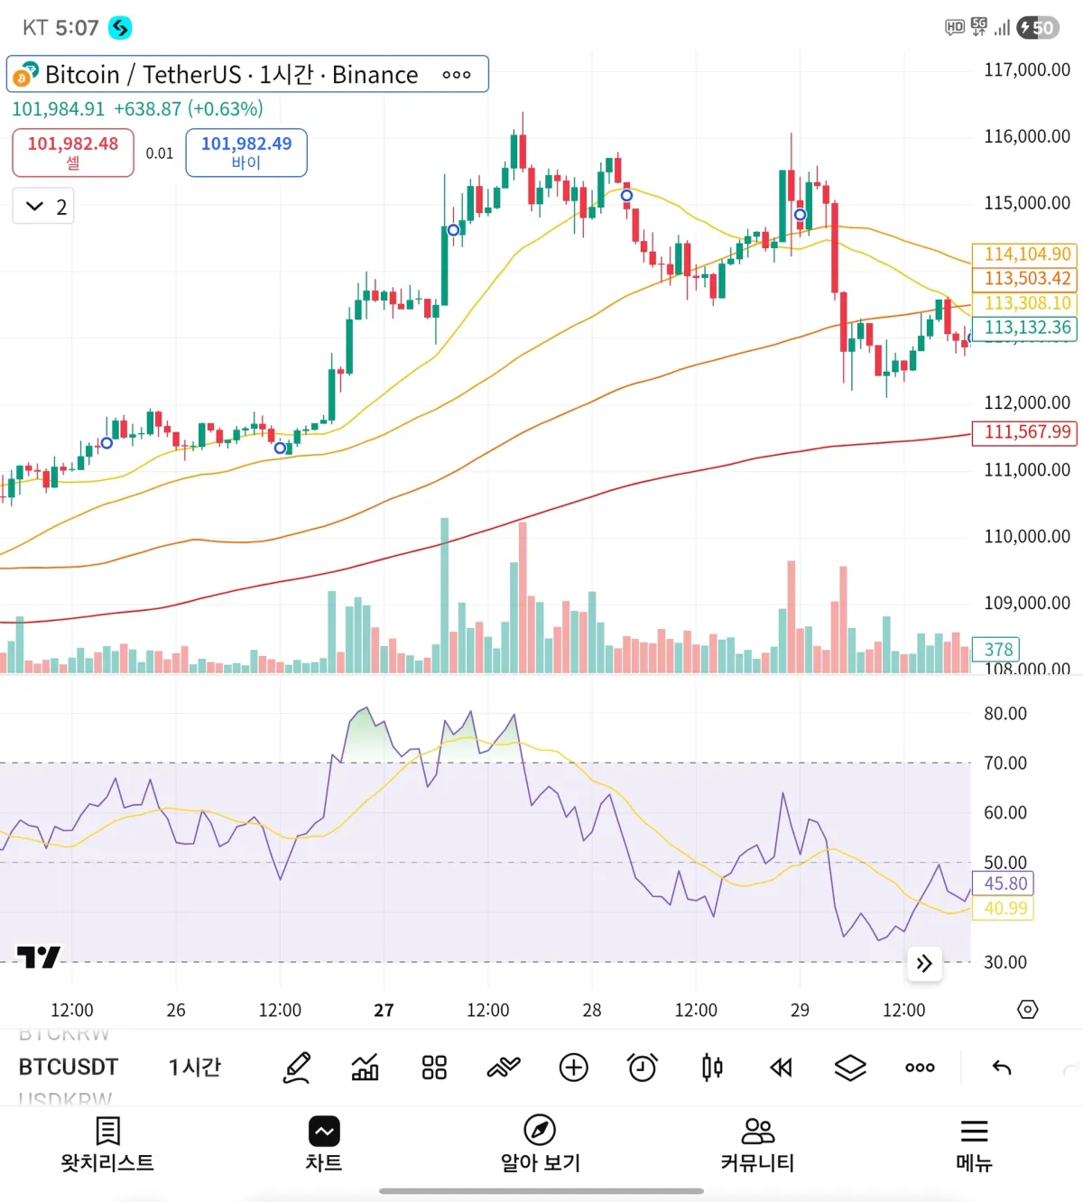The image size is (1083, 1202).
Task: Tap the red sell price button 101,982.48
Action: point(72,153)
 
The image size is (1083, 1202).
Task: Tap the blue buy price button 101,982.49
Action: point(245,153)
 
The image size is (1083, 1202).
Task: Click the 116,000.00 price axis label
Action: point(1026,136)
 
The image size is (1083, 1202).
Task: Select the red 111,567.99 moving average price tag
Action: point(1026,432)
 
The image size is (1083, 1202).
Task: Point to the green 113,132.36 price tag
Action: point(1026,328)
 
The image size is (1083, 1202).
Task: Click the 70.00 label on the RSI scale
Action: point(1004,763)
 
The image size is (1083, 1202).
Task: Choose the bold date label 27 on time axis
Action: point(384,1010)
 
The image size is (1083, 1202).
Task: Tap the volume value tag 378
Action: point(997,649)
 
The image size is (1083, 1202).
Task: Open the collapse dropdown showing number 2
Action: point(43,207)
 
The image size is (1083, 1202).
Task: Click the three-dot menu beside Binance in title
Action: point(456,75)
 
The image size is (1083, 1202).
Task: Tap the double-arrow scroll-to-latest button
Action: point(924,964)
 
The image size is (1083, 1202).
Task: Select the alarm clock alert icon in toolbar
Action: point(643,1068)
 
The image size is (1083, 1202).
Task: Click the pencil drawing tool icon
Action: point(297,1068)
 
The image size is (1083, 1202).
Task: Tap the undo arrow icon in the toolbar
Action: point(1002,1068)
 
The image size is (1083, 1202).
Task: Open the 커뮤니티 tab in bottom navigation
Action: point(757,1143)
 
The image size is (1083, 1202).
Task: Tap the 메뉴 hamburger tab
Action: point(974,1143)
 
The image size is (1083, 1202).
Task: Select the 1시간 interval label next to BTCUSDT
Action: point(194,1068)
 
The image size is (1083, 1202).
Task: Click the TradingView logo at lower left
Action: point(39,957)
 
